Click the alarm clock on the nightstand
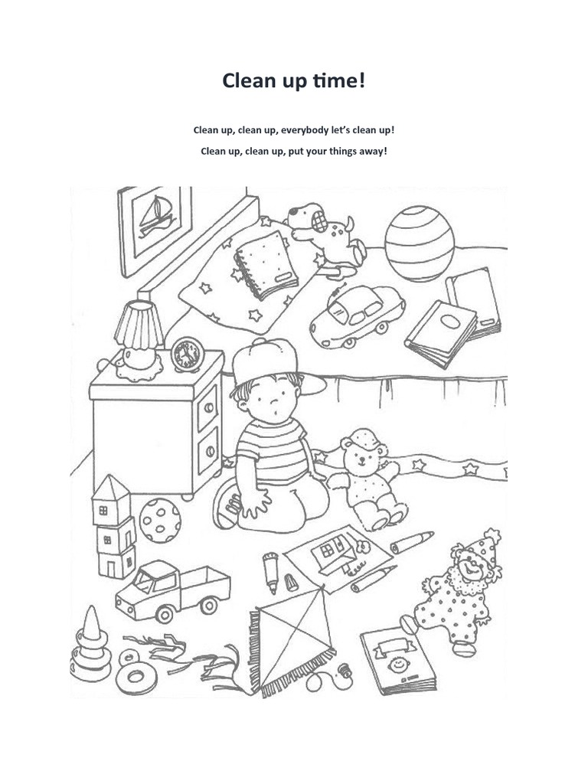(x=187, y=355)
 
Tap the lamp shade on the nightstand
(x=139, y=324)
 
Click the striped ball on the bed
(x=419, y=243)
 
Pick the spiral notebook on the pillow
(x=265, y=266)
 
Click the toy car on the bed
(x=356, y=314)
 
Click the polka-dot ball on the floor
(x=160, y=521)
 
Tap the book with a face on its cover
(x=397, y=659)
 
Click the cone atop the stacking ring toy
(x=93, y=624)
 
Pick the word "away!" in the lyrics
(x=370, y=151)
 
